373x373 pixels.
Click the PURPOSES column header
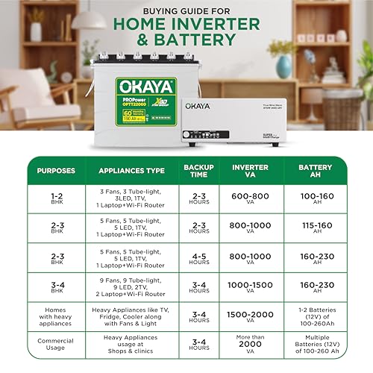[56, 171]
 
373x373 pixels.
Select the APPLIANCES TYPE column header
[132, 171]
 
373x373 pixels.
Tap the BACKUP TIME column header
[198, 171]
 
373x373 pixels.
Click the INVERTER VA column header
[251, 171]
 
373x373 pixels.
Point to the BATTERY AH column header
[316, 171]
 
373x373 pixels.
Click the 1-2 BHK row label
[56, 198]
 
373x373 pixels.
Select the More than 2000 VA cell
[251, 345]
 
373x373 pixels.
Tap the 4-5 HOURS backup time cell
[198, 257]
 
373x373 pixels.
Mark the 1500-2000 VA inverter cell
[251, 316]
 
